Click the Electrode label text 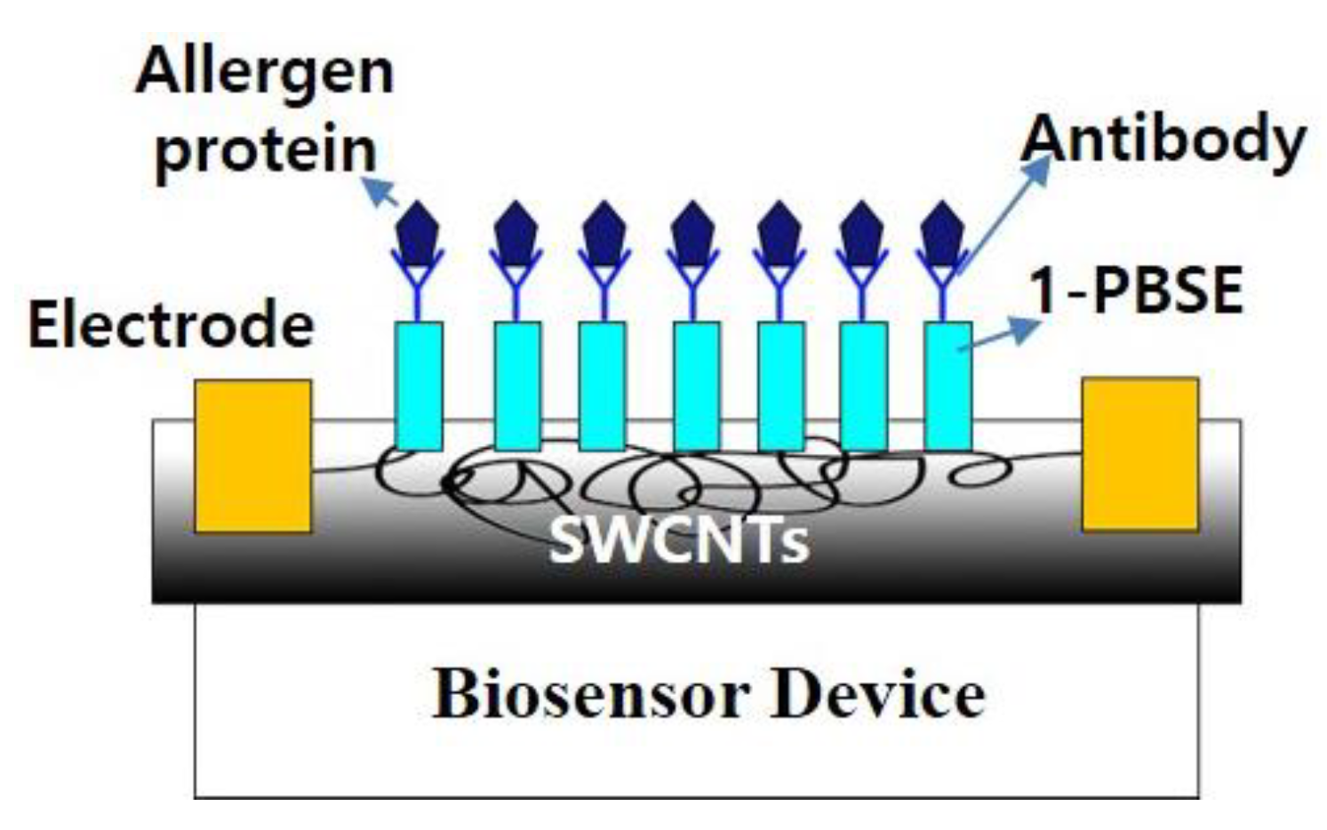(171, 324)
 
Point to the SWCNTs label (679, 539)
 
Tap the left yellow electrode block (253, 456)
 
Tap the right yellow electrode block (1139, 454)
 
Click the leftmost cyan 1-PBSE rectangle (419, 386)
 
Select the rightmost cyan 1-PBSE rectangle (947, 386)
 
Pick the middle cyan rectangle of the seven (696, 386)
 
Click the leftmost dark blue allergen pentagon (418, 233)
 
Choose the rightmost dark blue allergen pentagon (943, 233)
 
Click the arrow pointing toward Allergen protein (382, 192)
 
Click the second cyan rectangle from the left (516, 386)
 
